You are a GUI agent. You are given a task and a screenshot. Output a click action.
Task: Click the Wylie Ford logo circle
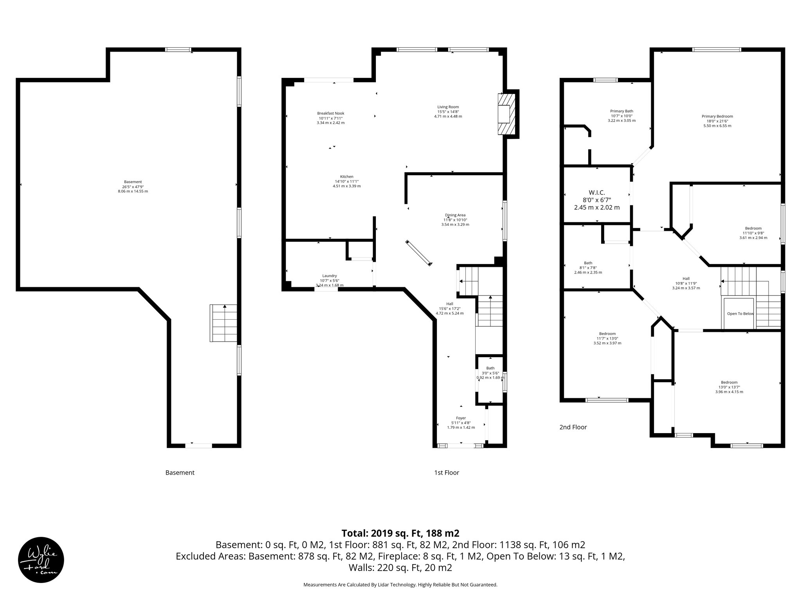point(41,560)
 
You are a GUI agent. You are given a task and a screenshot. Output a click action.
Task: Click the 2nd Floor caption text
point(573,427)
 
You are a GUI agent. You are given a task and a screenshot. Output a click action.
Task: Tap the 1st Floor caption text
point(446,473)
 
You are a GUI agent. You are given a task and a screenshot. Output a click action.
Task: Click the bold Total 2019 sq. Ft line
point(400,533)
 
